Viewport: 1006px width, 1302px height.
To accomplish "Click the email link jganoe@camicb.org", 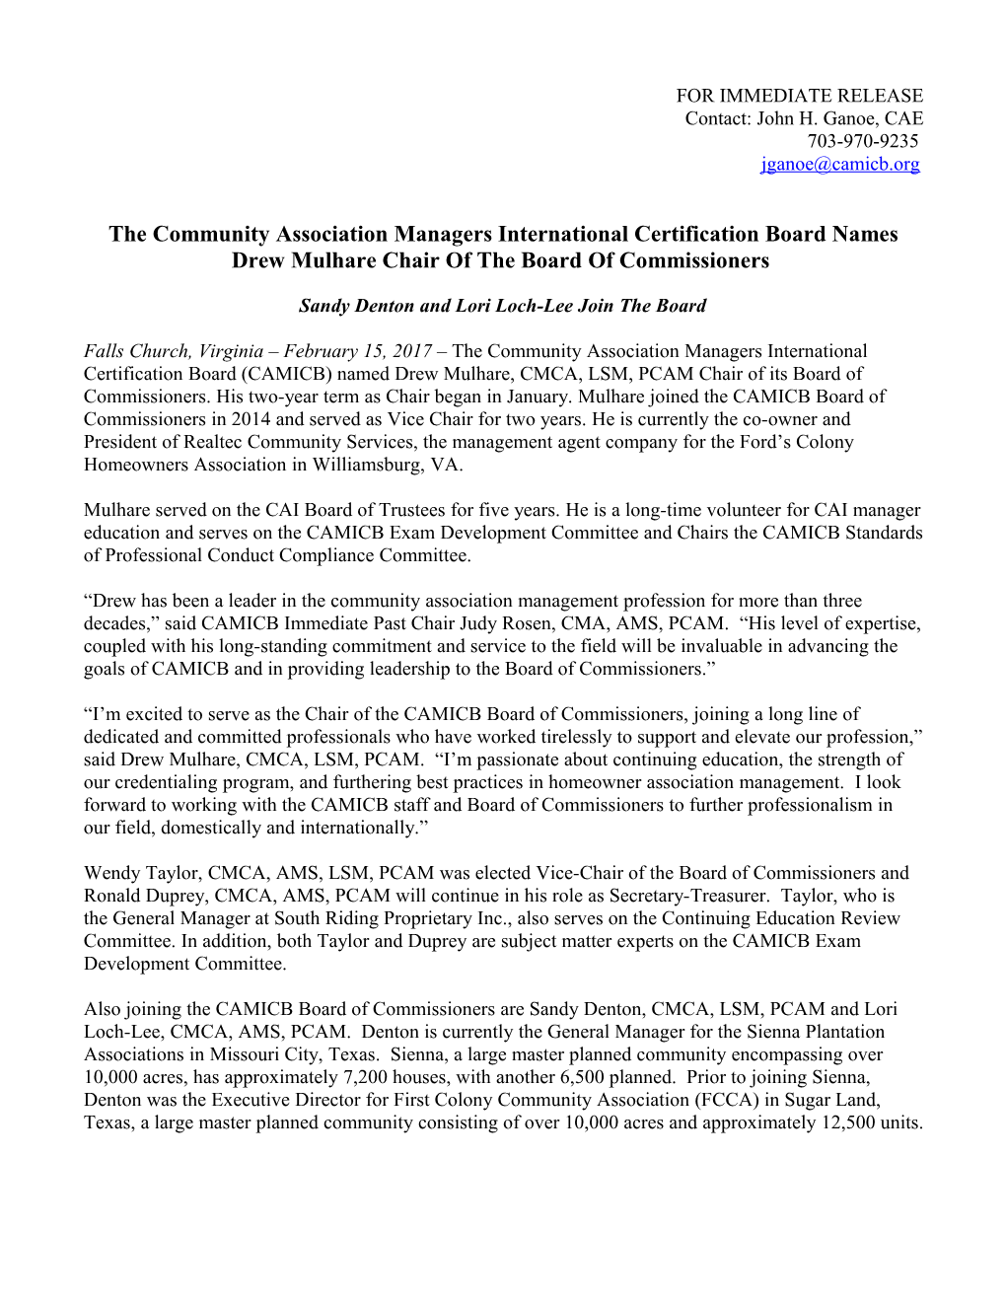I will pyautogui.click(x=839, y=164).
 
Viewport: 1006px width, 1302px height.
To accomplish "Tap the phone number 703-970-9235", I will pyautogui.click(x=862, y=141).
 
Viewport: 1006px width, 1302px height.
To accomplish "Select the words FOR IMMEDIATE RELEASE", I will pyautogui.click(x=799, y=96).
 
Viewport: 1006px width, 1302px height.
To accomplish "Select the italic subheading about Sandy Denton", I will pyautogui.click(x=502, y=306).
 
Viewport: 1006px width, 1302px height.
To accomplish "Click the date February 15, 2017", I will pyautogui.click(x=358, y=351).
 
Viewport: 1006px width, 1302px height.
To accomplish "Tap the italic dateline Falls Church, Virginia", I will pyautogui.click(x=174, y=351).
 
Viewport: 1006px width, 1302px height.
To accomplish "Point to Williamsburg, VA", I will pyautogui.click(x=388, y=465).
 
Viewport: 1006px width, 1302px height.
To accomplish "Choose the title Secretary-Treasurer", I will pyautogui.click(x=686, y=896).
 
